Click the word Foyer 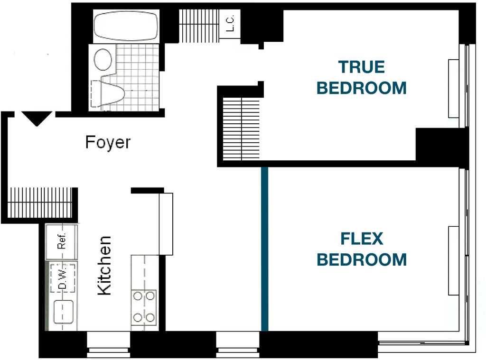point(108,142)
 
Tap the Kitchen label point(104,266)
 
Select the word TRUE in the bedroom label point(361,67)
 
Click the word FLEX point(362,239)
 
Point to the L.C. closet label point(230,23)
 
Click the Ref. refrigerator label point(62,241)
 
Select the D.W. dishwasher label point(63,278)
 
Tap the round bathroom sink point(103,59)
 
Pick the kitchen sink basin point(64,312)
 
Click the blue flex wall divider point(265,249)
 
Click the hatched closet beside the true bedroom point(241,129)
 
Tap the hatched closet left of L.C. point(199,26)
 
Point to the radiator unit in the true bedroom point(453,89)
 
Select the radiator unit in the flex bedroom point(453,260)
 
